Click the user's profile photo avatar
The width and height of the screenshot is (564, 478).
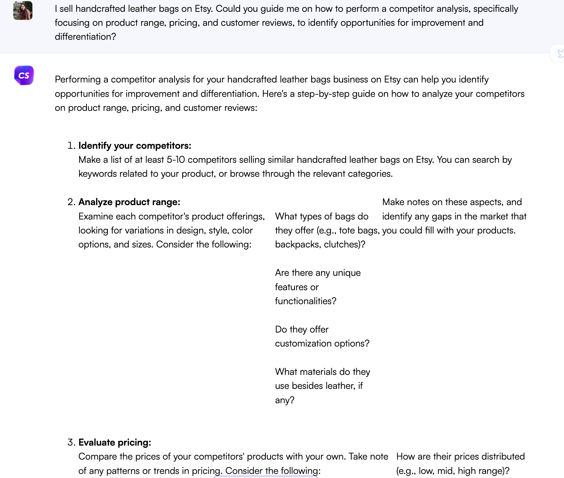pyautogui.click(x=23, y=10)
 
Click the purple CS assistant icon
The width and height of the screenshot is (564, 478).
pyautogui.click(x=24, y=75)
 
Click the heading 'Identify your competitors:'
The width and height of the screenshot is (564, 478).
pyautogui.click(x=135, y=146)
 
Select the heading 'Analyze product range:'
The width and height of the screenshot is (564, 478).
pyautogui.click(x=129, y=202)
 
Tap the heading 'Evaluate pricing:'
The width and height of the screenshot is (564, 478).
pyautogui.click(x=114, y=443)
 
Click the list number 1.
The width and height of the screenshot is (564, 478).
pyautogui.click(x=71, y=146)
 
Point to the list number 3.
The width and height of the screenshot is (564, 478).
pyautogui.click(x=71, y=443)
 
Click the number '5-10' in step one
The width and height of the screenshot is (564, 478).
pyautogui.click(x=176, y=160)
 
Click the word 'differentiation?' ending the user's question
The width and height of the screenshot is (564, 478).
pyautogui.click(x=85, y=37)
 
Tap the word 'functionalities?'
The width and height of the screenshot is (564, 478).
pyautogui.click(x=306, y=301)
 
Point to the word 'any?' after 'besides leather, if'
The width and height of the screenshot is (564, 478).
pyautogui.click(x=285, y=400)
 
